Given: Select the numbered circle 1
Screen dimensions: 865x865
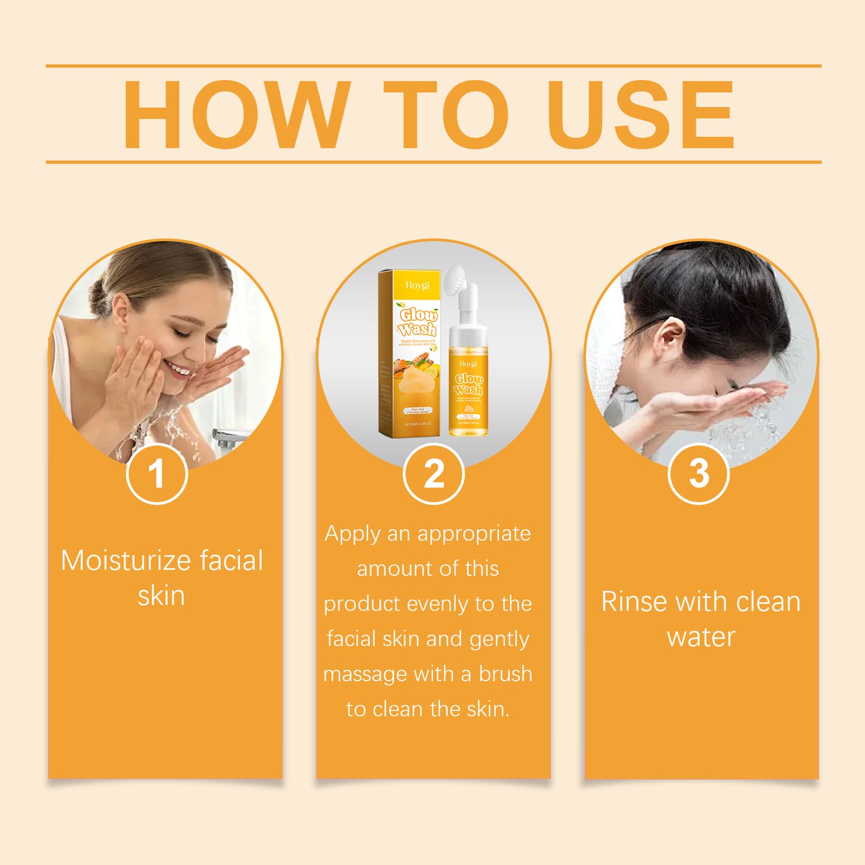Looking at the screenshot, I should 157,474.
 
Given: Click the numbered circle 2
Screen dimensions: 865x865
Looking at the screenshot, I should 433,474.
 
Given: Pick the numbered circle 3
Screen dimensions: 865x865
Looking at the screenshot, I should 698,474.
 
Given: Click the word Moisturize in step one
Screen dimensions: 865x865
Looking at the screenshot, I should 125,561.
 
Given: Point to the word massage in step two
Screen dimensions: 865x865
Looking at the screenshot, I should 365,674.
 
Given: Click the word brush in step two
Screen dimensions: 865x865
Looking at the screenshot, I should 505,674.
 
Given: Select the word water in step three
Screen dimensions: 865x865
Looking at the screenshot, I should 700,637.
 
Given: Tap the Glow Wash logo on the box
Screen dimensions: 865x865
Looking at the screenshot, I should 418,322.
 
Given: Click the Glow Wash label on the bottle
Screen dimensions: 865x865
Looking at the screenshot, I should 468,384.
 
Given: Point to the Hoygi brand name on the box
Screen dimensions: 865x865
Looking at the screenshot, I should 417,286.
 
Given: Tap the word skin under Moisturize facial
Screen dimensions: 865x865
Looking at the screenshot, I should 161,596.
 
